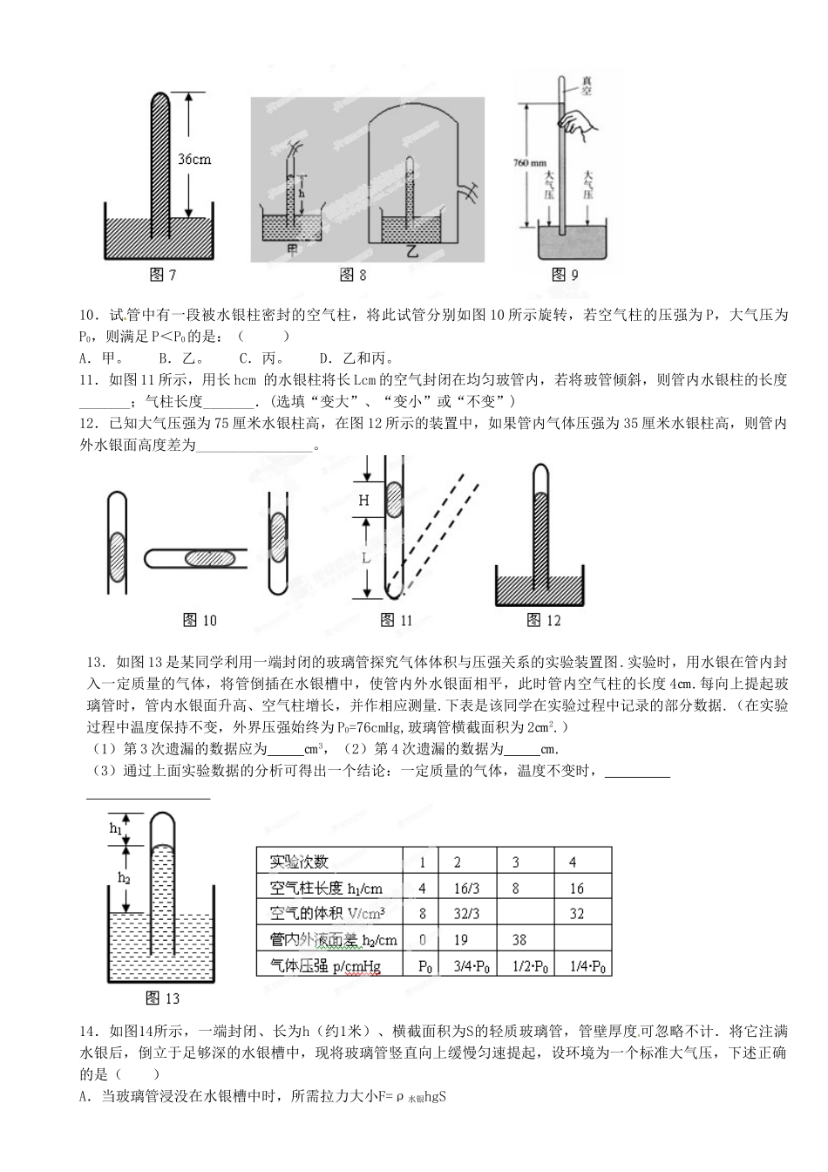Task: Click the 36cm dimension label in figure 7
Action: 194,160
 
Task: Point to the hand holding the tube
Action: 576,125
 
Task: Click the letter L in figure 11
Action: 366,557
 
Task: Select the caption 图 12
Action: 545,620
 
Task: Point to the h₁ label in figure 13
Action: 116,828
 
